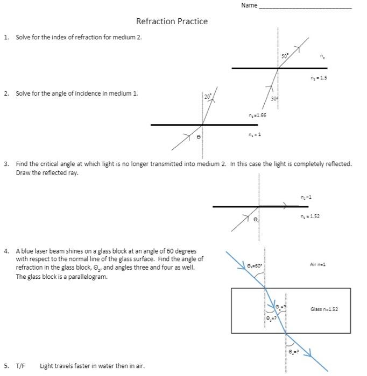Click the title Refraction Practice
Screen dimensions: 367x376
[x=172, y=21]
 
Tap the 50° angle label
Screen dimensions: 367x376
[x=285, y=56]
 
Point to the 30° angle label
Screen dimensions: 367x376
[x=274, y=99]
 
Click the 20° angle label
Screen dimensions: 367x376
[x=208, y=96]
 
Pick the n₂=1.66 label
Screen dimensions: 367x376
[x=257, y=115]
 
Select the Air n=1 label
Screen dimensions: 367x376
[x=318, y=264]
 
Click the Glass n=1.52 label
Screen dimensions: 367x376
[x=324, y=309]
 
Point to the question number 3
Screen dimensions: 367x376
[x=6, y=163]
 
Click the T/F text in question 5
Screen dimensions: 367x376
[x=20, y=366]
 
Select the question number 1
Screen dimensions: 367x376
[x=6, y=37]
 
